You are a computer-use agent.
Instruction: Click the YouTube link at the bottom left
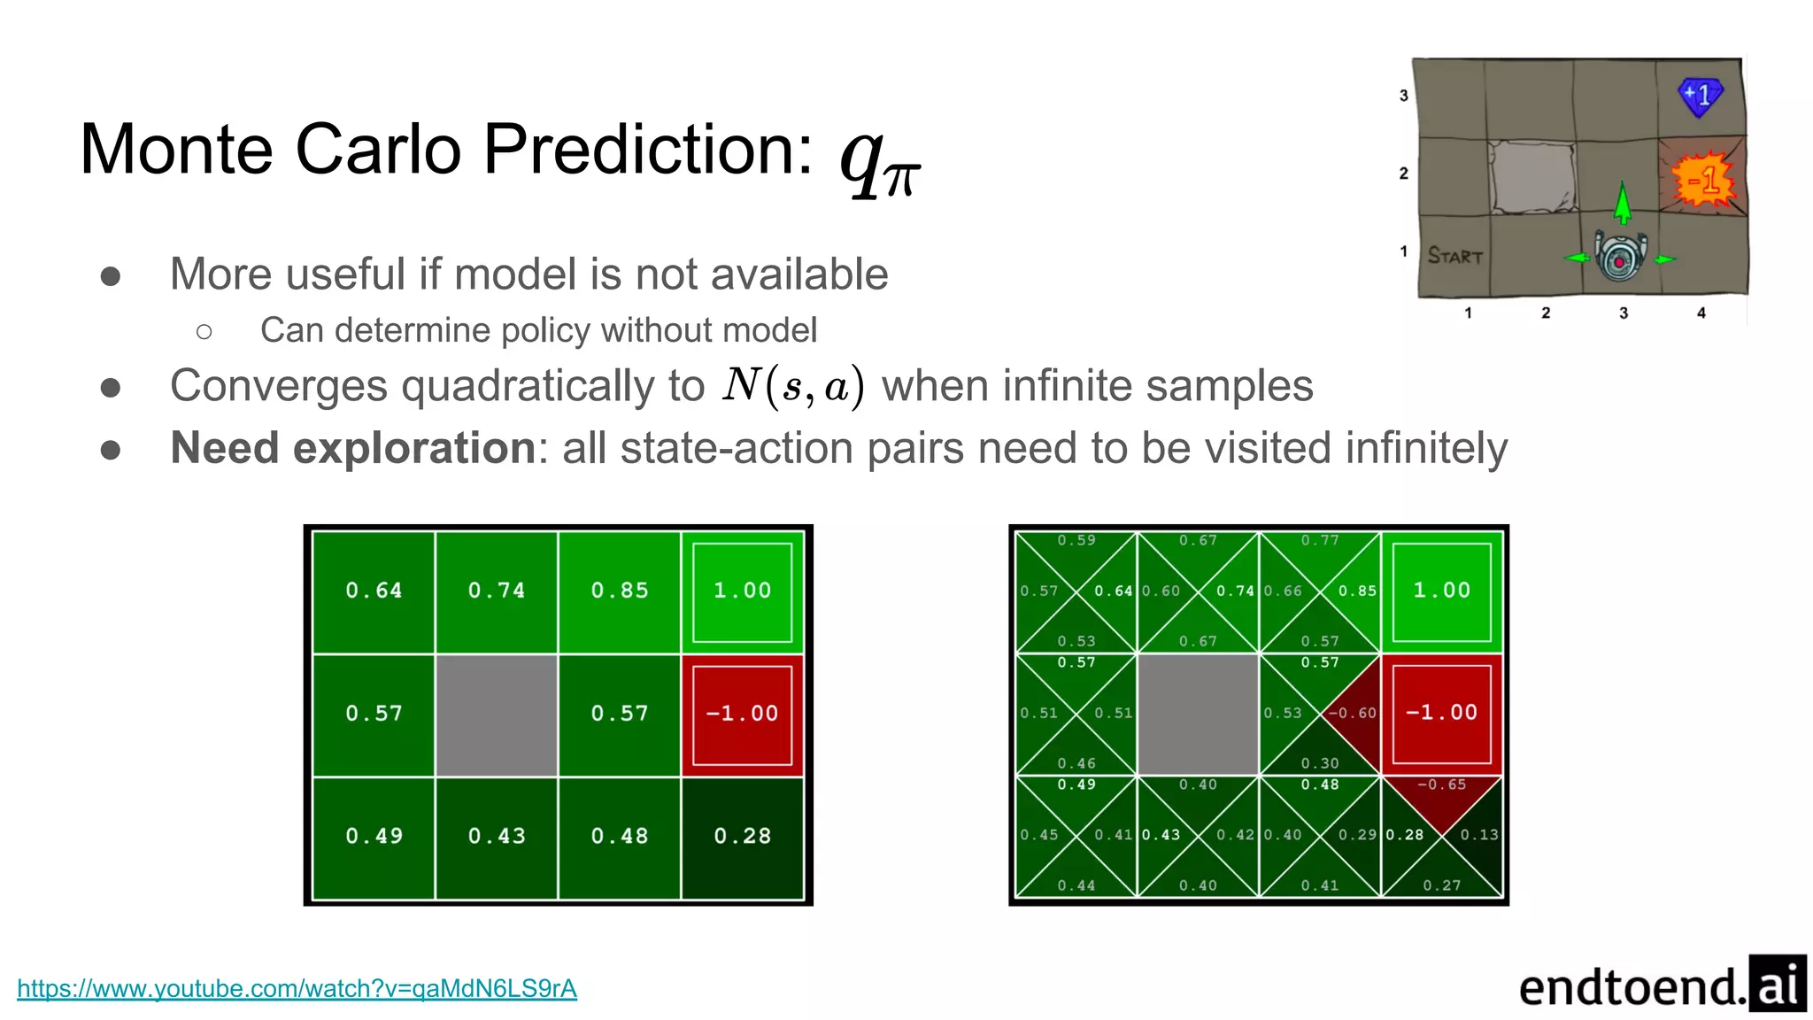point(297,988)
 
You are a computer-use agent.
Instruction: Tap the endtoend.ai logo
point(1662,985)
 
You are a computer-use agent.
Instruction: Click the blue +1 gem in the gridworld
point(1700,96)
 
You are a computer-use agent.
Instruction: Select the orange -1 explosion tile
point(1702,180)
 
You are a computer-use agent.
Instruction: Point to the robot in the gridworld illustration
point(1620,255)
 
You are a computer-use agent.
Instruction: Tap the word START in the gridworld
point(1454,256)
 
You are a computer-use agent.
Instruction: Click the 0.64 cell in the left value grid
point(374,591)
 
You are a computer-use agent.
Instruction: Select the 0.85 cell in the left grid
point(620,591)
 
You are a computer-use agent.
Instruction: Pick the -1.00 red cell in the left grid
point(742,714)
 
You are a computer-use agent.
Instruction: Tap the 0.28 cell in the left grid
point(742,836)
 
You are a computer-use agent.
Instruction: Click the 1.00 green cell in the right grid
point(1441,591)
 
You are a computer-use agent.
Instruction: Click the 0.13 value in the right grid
point(1478,835)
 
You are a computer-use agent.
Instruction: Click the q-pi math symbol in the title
point(880,158)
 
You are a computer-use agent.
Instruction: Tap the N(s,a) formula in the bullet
point(793,386)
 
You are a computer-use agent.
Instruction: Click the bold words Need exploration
point(352,448)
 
